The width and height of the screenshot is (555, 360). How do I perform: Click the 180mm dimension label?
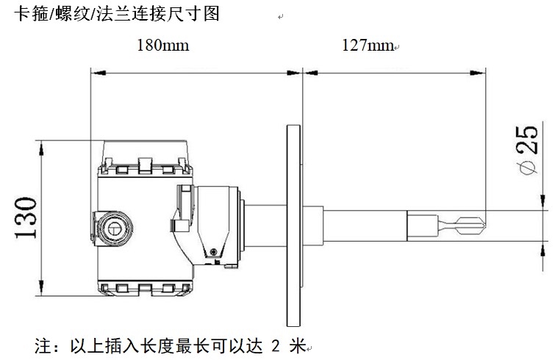click(x=162, y=46)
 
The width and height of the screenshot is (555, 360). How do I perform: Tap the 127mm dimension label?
click(x=368, y=46)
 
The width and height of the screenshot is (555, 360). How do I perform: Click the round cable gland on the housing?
click(x=114, y=226)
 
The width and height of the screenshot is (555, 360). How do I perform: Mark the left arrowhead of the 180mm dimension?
click(x=93, y=72)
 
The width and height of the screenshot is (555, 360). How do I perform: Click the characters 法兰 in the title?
click(x=107, y=13)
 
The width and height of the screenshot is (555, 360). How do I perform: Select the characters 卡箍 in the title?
click(x=28, y=13)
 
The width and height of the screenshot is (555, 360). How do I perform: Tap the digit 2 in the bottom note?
click(x=276, y=344)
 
